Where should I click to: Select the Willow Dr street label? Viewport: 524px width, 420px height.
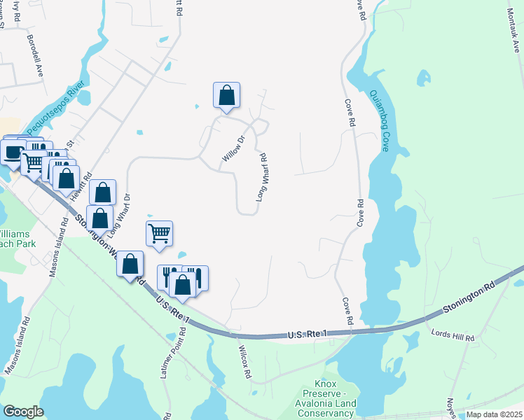tap(233, 150)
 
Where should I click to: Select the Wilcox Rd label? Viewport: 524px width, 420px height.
tap(244, 362)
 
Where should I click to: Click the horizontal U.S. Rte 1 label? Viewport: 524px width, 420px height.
tap(308, 336)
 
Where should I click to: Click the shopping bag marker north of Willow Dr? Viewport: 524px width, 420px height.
tap(226, 95)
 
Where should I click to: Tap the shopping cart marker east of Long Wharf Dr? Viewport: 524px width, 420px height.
tap(159, 234)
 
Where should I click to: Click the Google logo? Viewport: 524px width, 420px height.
tap(24, 412)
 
